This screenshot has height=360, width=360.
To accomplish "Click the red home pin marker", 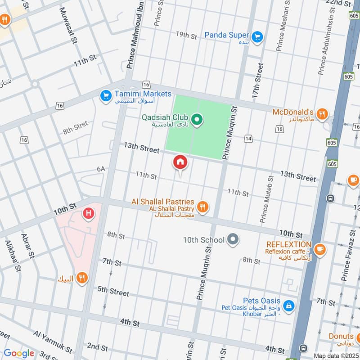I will click(x=180, y=162).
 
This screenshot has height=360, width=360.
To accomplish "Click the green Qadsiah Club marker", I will click(x=197, y=120).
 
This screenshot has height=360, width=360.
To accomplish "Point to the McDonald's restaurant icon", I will click(x=321, y=113).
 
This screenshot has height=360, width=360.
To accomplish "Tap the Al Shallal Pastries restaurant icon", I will click(x=203, y=206).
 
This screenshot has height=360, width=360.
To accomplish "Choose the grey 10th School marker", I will click(x=233, y=239).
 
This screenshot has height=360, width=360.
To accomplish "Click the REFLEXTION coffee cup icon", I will click(x=319, y=248).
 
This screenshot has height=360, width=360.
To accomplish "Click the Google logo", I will click(x=19, y=353).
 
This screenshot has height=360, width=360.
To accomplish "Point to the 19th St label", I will click(x=187, y=35).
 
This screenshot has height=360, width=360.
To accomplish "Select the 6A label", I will click(x=101, y=169).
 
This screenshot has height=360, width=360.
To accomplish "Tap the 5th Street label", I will click(x=113, y=291).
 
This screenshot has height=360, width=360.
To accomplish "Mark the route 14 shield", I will click(x=248, y=139).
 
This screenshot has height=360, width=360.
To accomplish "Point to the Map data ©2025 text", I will click(x=335, y=356).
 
